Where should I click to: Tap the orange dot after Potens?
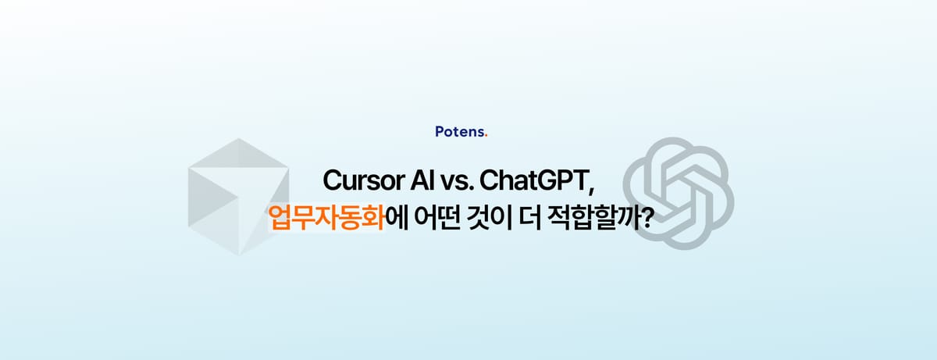[x=486, y=135]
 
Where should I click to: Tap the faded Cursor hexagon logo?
[x=237, y=196]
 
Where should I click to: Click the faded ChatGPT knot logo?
[x=679, y=194]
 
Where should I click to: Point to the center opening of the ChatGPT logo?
[x=679, y=194]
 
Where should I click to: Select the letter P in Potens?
[x=439, y=132]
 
